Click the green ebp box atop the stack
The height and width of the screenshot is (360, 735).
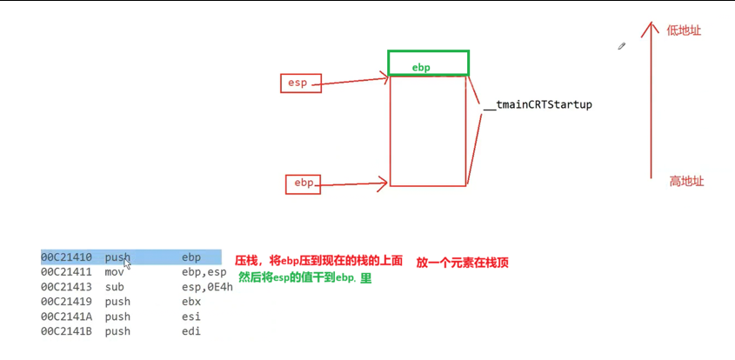[428, 63]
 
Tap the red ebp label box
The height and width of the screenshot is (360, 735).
[304, 183]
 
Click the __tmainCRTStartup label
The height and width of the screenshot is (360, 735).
[538, 104]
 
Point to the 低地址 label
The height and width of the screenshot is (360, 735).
[684, 30]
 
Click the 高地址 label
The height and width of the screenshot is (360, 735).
[685, 181]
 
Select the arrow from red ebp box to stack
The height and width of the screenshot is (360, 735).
[352, 183]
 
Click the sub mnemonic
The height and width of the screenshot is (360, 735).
[114, 286]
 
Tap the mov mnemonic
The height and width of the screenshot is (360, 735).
[115, 271]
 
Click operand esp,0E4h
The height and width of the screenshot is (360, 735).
[207, 286]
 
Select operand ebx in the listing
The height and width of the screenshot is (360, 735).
[192, 302]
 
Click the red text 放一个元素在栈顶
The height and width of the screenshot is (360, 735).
[462, 261]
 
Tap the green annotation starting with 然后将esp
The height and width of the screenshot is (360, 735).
[304, 277]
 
